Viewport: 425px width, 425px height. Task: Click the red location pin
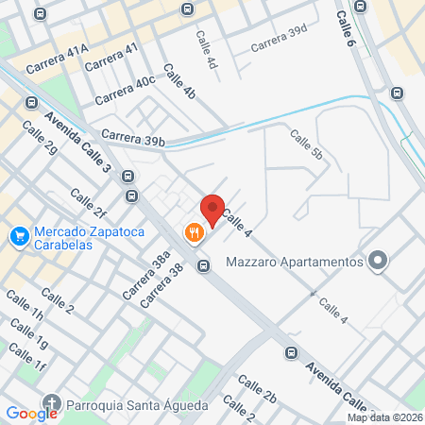[x=212, y=209]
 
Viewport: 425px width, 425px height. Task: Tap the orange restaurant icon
[x=195, y=232]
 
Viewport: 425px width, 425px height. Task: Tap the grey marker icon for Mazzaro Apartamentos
[x=379, y=261]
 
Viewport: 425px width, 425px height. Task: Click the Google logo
[x=32, y=413]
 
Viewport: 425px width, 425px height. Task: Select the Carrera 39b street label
[x=133, y=138]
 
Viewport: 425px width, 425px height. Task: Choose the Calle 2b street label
[x=256, y=388]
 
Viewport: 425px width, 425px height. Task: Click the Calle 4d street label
[x=207, y=50]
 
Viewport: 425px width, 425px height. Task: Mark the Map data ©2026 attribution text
[x=383, y=417]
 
